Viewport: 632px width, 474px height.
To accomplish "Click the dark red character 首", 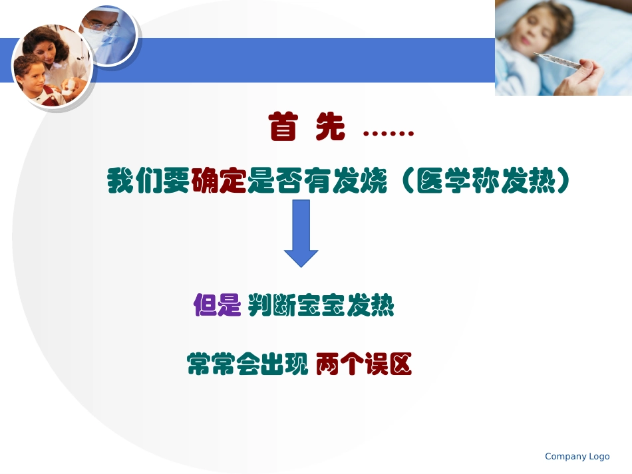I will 283,127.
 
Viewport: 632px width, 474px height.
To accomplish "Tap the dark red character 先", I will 331,127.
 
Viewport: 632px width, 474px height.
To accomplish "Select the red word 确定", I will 219,181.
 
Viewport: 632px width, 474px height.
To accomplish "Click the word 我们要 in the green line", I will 149,181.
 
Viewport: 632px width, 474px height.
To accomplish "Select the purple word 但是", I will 217,306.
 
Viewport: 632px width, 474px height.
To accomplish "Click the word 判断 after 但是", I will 271,306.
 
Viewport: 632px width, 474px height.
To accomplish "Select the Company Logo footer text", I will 577,456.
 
